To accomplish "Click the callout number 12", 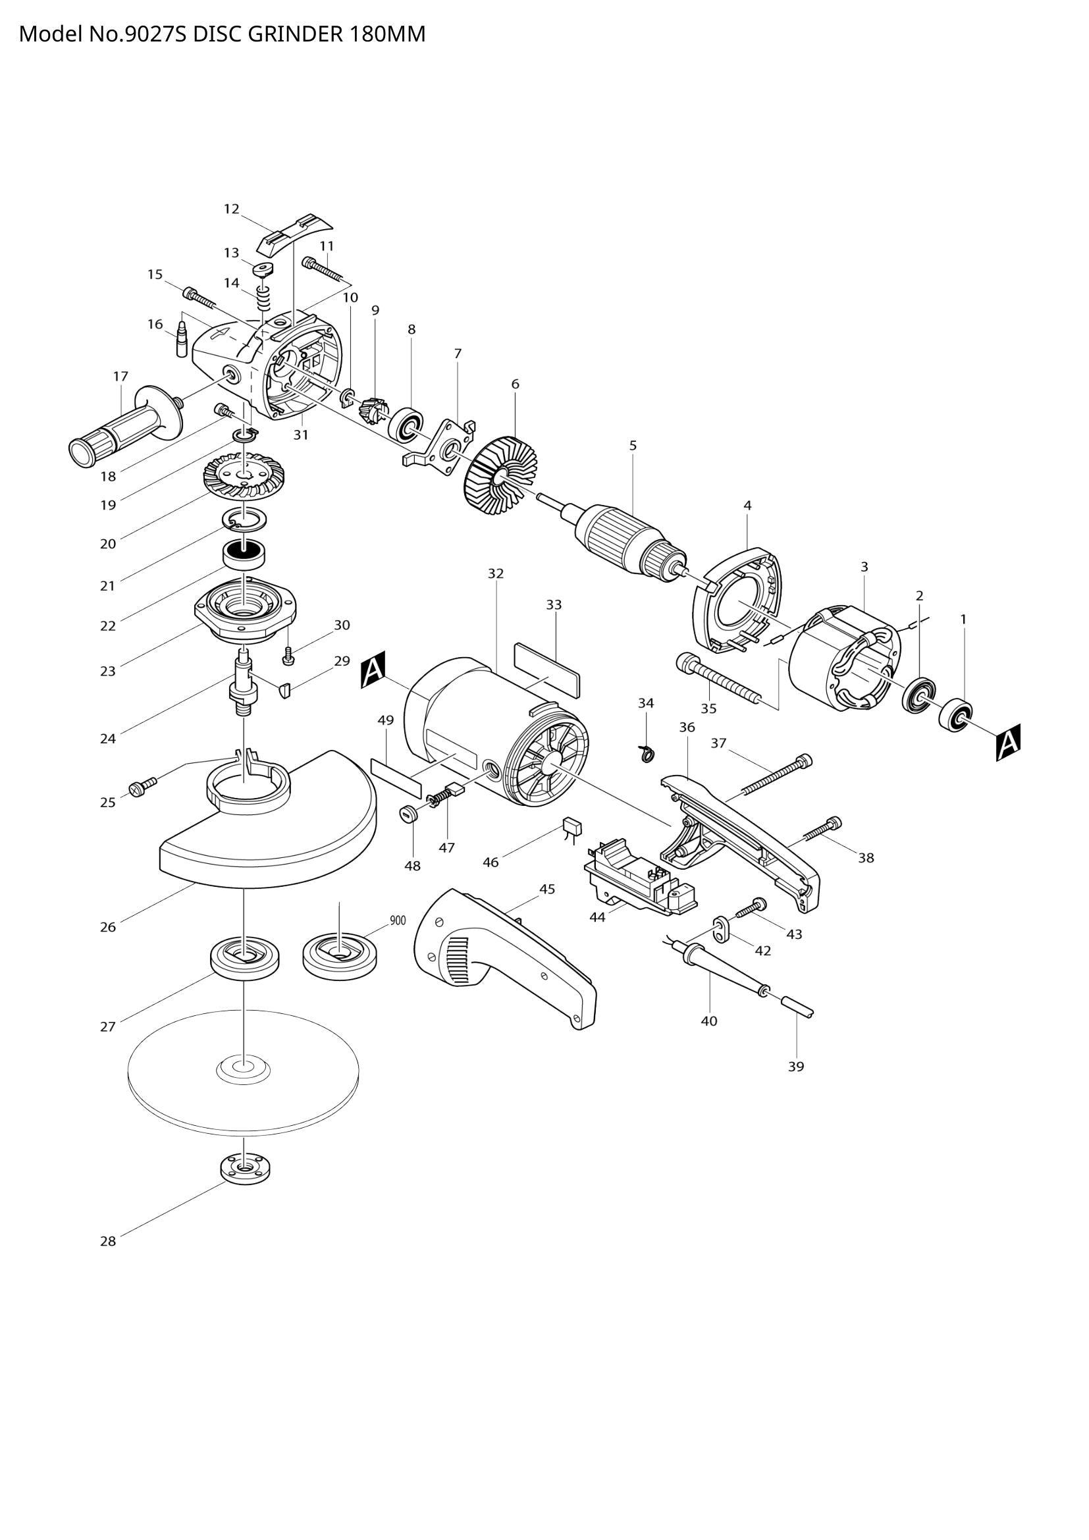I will (231, 209).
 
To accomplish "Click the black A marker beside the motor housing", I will (373, 670).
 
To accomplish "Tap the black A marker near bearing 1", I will (1008, 742).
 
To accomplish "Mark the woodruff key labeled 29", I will (284, 689).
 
